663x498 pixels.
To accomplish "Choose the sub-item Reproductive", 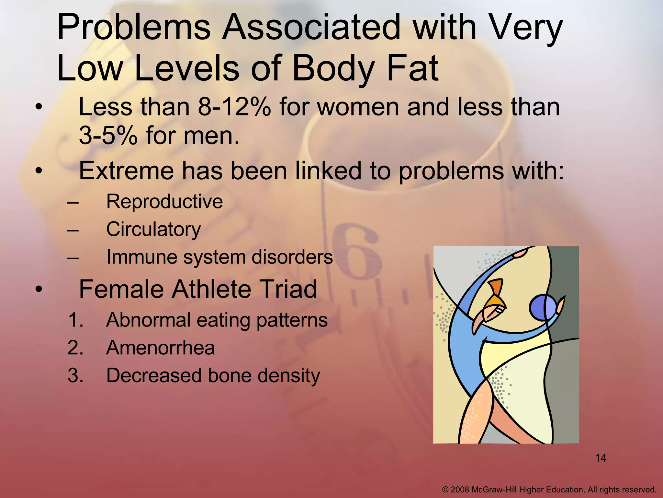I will pos(164,202).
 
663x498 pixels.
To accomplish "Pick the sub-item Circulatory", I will pos(153,230).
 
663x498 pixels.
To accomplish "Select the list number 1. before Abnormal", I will pos(76,320).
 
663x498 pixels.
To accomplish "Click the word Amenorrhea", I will pos(161,348).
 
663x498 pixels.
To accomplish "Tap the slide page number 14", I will pos(601,458).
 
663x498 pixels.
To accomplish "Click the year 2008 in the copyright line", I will pos(460,490).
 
